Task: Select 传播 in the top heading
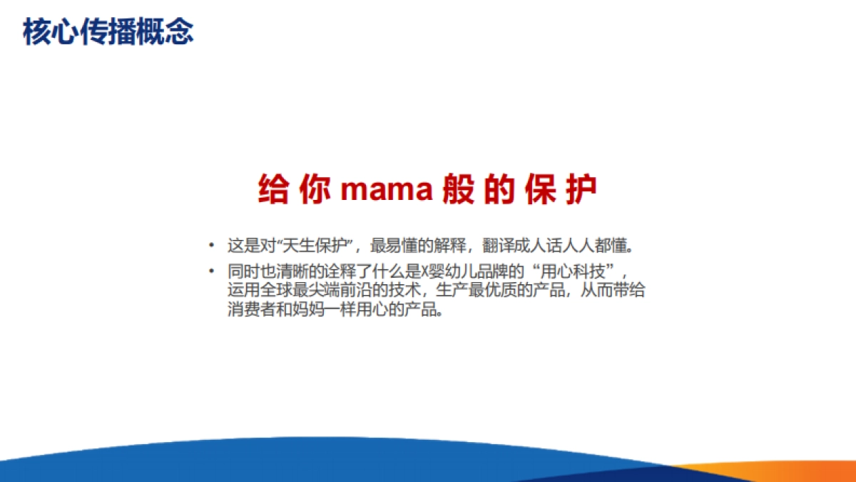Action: click(108, 32)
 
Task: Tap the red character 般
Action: click(459, 189)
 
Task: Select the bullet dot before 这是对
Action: click(211, 246)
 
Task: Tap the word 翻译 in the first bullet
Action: click(499, 246)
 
